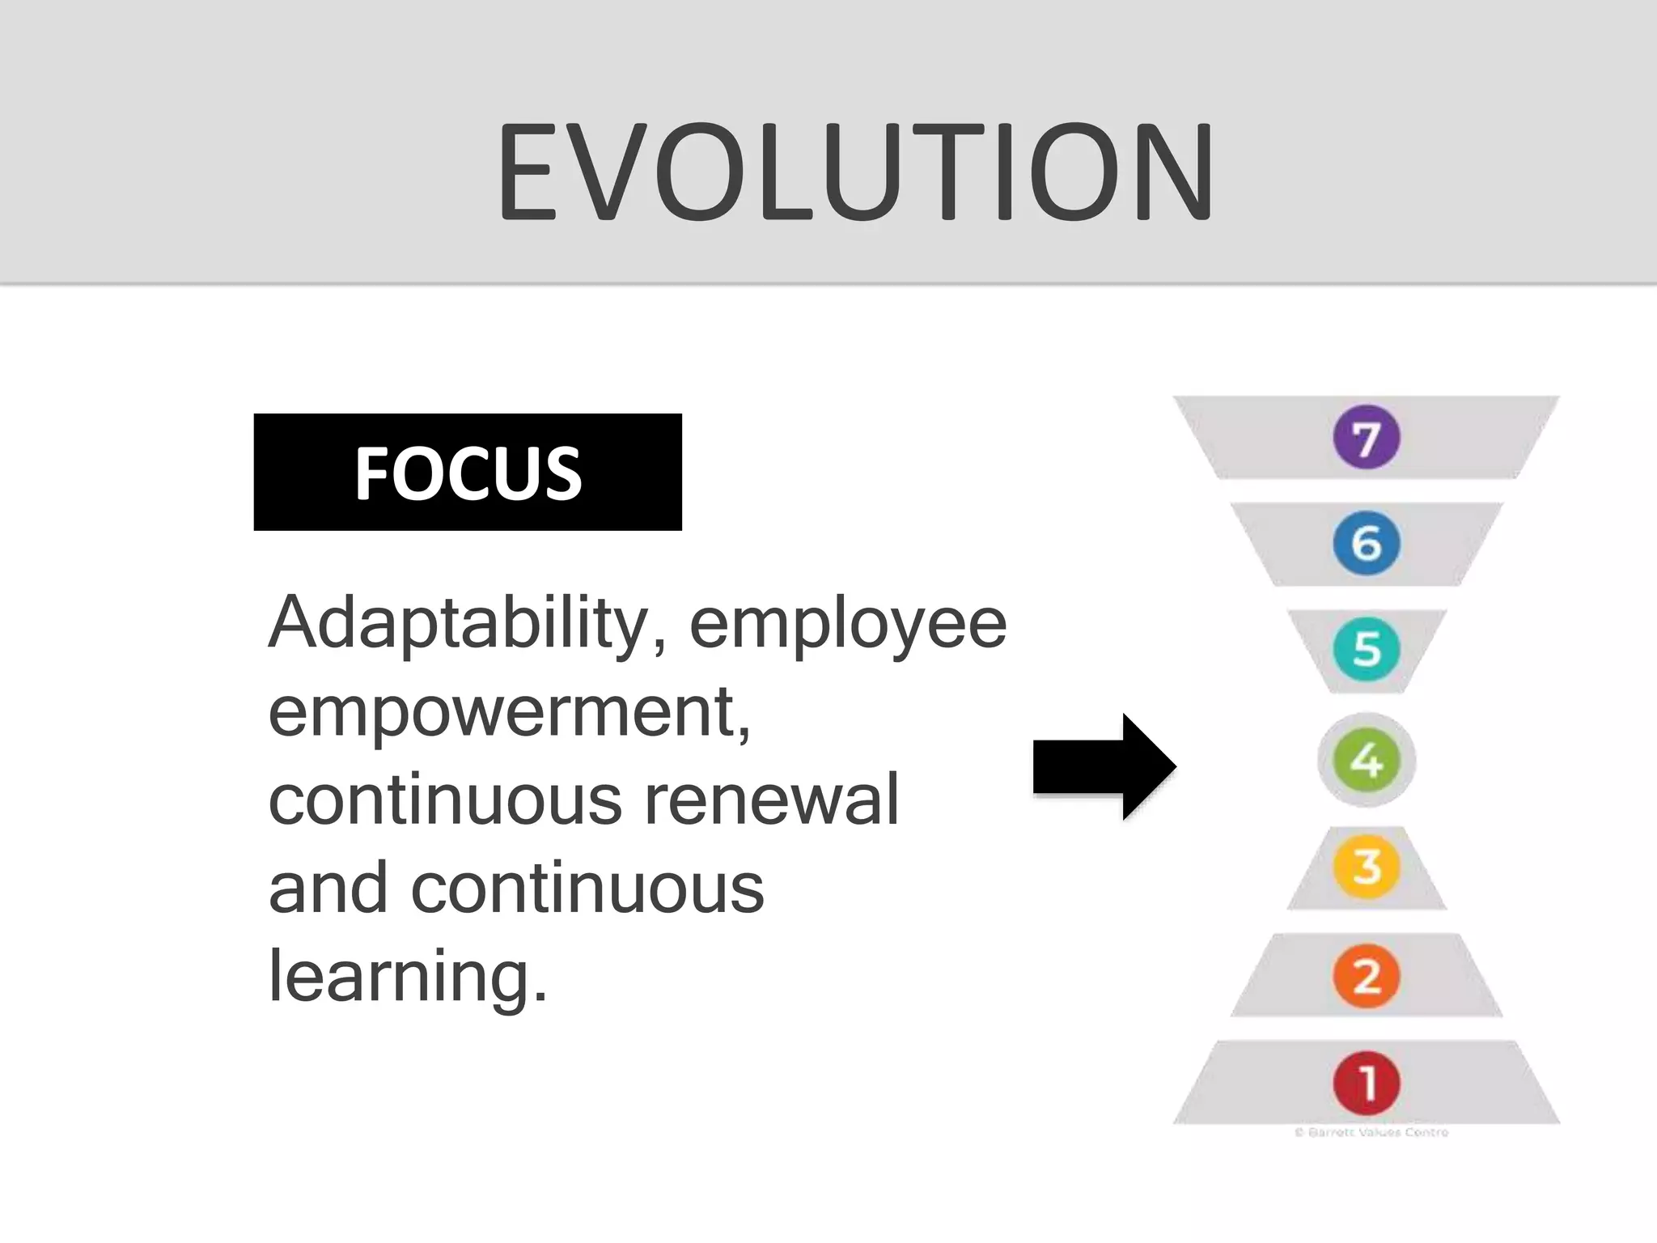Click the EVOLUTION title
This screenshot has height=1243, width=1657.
854,172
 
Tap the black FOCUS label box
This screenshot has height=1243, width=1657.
468,473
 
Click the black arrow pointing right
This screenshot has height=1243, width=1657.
1104,766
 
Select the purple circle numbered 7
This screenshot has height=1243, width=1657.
1367,438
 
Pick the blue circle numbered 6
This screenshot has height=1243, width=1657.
1367,543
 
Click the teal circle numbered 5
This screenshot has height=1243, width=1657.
1367,649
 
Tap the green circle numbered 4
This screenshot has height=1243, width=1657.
1367,760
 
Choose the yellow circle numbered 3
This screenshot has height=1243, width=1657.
1367,866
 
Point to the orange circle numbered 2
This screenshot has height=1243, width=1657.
1367,976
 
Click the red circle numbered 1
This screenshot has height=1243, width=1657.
1367,1083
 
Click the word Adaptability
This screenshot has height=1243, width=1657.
457,624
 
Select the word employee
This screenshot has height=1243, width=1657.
848,626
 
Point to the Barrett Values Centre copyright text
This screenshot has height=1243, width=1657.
1371,1132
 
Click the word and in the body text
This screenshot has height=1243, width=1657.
328,888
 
